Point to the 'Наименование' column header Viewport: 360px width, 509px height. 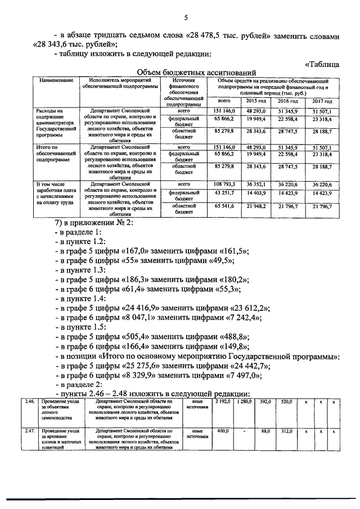[57, 82]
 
